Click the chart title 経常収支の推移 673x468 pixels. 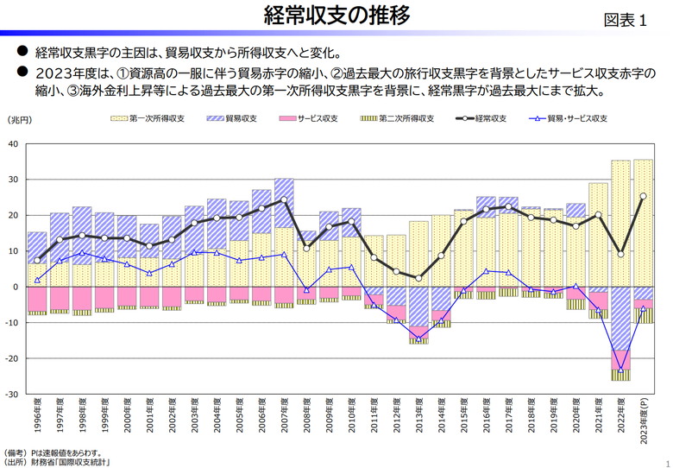336,16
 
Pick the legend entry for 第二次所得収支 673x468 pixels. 397,118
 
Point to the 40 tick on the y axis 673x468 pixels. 14,143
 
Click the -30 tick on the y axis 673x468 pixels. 12,394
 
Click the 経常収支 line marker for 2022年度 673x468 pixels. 620,254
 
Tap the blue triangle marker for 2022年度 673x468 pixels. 620,369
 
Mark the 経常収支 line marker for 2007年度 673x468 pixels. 284,200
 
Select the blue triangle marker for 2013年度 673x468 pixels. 418,338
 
